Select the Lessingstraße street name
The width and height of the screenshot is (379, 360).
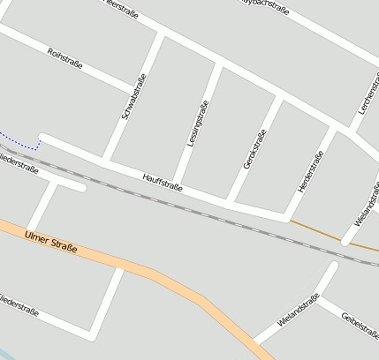tap(198, 124)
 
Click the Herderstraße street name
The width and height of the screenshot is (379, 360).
tap(311, 171)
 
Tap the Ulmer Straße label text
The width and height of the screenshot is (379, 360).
tap(51, 243)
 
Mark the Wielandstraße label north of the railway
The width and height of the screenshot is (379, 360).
tap(365, 204)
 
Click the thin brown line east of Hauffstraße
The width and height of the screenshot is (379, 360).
tap(318, 231)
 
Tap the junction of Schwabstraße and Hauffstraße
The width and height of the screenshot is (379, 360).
tap(108, 161)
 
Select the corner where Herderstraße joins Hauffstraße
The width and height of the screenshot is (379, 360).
tap(288, 214)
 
